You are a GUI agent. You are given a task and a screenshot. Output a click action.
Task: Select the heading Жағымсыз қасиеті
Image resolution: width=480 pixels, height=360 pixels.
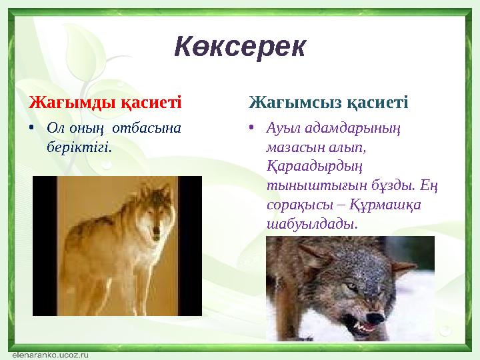tap(328, 103)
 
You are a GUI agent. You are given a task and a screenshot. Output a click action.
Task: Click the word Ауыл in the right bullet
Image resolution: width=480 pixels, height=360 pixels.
tap(280, 127)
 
